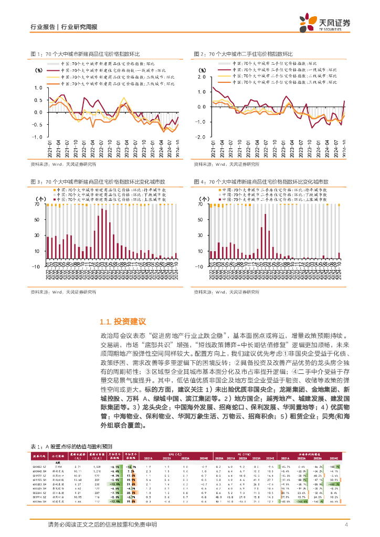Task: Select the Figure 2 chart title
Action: [242, 54]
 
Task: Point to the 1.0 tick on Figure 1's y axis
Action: [38, 87]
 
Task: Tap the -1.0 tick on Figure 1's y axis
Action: [37, 136]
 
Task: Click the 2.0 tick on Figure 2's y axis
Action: [202, 77]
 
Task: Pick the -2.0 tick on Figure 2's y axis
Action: [201, 136]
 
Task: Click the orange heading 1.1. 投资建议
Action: [122, 321]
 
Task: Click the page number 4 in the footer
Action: [346, 525]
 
